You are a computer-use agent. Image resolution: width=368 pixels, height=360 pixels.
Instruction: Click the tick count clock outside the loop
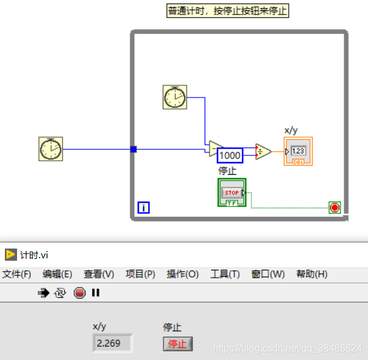51,149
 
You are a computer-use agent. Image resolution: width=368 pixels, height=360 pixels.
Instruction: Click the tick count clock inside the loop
175,97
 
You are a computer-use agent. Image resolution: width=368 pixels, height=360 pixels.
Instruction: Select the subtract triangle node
215,149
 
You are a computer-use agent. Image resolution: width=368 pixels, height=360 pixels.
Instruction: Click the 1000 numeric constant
230,155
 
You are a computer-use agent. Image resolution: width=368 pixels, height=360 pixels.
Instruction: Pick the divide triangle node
263,151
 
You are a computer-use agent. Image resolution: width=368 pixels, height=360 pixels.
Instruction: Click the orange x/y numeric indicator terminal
298,151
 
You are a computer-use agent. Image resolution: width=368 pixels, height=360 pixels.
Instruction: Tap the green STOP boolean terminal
232,192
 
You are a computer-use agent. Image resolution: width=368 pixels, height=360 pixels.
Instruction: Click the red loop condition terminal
334,208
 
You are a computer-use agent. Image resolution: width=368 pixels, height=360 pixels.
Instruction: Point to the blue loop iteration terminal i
144,208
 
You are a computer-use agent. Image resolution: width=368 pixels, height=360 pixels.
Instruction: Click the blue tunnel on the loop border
133,149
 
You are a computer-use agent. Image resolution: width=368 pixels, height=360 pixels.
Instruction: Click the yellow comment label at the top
228,11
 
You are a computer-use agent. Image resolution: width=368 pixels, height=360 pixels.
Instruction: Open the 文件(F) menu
16,274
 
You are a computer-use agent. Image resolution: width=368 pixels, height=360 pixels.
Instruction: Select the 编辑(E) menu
57,274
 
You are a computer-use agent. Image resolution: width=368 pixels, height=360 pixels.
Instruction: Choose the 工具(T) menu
225,274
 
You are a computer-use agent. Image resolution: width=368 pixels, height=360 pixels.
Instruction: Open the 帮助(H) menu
312,274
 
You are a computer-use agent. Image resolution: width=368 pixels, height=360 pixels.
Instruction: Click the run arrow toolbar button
43,293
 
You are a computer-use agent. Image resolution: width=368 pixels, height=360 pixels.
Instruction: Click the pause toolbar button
96,293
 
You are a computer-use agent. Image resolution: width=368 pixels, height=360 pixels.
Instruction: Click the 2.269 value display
111,343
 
